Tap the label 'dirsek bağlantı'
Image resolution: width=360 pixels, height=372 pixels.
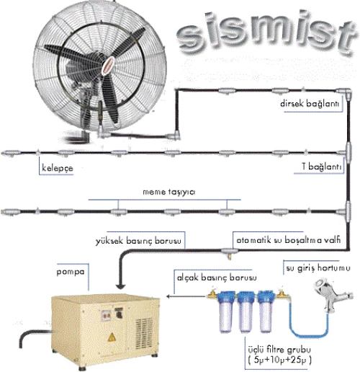pos(310,104)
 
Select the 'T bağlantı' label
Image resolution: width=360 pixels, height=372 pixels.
pos(321,166)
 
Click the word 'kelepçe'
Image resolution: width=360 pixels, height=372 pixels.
pos(58,168)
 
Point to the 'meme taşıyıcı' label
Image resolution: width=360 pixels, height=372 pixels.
pos(169,192)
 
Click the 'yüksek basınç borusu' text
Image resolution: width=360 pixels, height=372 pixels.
pos(138,241)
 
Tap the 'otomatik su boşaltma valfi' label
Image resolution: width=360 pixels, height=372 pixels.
pos(288,240)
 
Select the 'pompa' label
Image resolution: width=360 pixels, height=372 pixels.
pos(71,272)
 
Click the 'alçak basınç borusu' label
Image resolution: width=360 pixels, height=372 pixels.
pos(217,278)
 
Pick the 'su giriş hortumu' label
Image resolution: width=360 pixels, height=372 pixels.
pos(318,268)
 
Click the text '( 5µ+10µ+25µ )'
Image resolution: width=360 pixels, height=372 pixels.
pos(279,360)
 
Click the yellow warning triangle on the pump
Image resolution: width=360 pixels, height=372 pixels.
pos(112,337)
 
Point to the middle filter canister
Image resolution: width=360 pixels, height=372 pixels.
pos(245,311)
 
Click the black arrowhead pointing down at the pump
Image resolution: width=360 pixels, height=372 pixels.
pos(120,286)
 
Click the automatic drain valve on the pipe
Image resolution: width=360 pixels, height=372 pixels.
pos(230,253)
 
